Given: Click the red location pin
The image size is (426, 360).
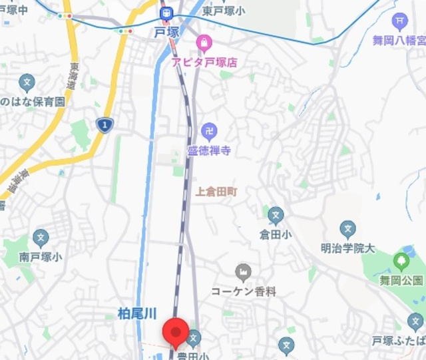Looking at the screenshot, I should point(176,331).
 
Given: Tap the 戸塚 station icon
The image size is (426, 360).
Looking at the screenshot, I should point(166,13).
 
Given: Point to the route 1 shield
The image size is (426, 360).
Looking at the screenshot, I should point(105,124).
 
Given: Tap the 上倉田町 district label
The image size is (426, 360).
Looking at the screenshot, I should point(216,191).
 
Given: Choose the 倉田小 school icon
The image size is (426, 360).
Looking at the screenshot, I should point(276,215).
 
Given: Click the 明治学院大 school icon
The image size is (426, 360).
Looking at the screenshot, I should point(347,230).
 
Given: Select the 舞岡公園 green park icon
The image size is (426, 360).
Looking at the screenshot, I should point(401,260).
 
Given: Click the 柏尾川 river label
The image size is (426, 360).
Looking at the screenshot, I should point(136,312).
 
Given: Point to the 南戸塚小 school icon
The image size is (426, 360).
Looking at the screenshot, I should point(41,236).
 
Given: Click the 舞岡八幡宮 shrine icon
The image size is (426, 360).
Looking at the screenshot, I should point(399,22).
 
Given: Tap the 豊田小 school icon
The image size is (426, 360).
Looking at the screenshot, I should point(194,339).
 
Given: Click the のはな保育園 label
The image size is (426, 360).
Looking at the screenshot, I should point(32,102).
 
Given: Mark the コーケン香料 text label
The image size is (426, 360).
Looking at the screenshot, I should point(244,291).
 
